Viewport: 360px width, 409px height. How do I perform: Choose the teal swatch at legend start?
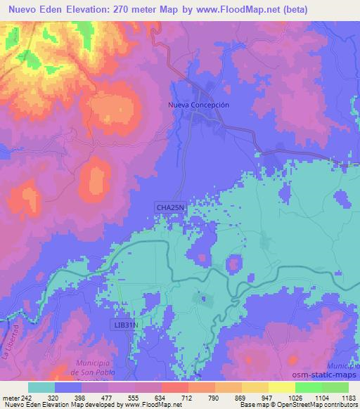[41, 387]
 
